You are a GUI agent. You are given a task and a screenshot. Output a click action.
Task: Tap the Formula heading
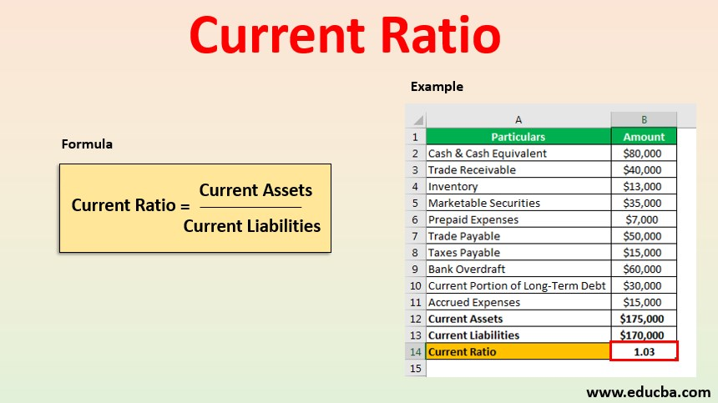click(x=87, y=144)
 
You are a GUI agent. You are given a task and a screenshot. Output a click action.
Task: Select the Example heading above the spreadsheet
click(x=437, y=86)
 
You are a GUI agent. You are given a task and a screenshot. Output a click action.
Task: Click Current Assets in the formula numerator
click(x=255, y=190)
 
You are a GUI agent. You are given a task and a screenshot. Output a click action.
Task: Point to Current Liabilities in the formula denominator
click(x=252, y=225)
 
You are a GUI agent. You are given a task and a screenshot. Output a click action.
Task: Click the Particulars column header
click(x=518, y=137)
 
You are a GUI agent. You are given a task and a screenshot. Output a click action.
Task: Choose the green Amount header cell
click(x=644, y=137)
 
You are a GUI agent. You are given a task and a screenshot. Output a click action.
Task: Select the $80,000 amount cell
click(x=643, y=154)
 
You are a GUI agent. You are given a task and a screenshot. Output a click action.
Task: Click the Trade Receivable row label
click(x=472, y=170)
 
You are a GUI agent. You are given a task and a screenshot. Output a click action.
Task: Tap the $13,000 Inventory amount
click(x=643, y=187)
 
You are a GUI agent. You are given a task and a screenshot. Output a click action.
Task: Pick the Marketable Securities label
click(x=483, y=203)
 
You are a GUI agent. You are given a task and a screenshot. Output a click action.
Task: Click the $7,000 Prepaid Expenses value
click(x=643, y=219)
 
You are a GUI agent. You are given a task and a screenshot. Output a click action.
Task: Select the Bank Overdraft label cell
click(x=467, y=269)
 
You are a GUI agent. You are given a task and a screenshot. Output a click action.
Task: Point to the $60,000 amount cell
click(x=643, y=269)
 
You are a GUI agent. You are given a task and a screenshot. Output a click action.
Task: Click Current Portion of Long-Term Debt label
click(x=517, y=285)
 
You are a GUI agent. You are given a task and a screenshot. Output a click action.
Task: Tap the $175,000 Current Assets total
click(x=643, y=319)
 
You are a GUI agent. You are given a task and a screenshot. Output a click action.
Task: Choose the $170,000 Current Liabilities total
click(x=643, y=335)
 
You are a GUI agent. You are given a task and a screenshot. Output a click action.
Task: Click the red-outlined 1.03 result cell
click(x=644, y=351)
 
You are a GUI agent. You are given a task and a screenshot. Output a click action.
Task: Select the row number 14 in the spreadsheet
click(x=415, y=351)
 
